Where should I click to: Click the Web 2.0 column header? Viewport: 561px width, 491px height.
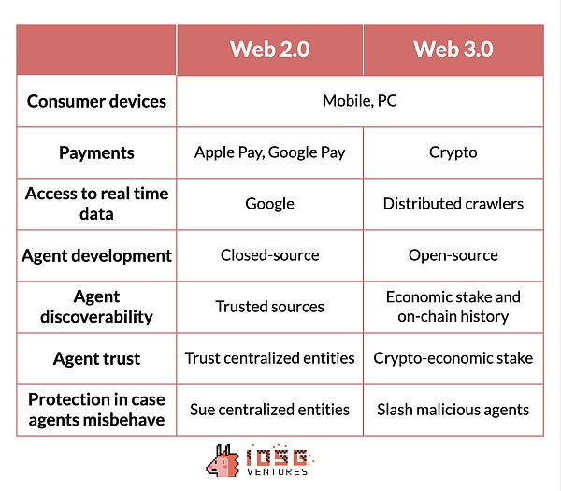coord(270,49)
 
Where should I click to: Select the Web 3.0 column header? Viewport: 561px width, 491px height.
coord(453,49)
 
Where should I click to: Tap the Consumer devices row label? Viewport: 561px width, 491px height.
coord(96,101)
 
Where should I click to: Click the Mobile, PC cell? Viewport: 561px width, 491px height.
coord(360,101)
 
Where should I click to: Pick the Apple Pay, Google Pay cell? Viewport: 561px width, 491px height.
coord(270,152)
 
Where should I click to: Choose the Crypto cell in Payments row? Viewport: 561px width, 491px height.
coord(453,152)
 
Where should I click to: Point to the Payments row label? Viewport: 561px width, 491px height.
coord(96,152)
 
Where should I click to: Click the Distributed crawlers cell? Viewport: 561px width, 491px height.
coord(453,204)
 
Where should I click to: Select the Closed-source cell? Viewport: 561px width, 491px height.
coord(270,255)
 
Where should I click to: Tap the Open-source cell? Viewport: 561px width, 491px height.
coord(453,255)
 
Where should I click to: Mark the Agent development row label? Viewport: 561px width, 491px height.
coord(96,256)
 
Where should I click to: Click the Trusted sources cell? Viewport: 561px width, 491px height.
coord(270,307)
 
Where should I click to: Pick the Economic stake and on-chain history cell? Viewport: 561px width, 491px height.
coord(453,307)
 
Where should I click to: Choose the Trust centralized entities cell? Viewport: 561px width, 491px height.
coord(270,358)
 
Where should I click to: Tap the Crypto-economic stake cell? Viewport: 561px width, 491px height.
coord(453,358)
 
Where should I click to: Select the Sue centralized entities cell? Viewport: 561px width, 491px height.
coord(270,410)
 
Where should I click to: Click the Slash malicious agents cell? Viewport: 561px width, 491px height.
coord(453,410)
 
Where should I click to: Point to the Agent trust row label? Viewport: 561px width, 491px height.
coord(96,358)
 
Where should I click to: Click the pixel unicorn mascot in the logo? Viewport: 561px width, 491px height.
coord(223,461)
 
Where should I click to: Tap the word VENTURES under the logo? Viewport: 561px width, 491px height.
coord(278,471)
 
